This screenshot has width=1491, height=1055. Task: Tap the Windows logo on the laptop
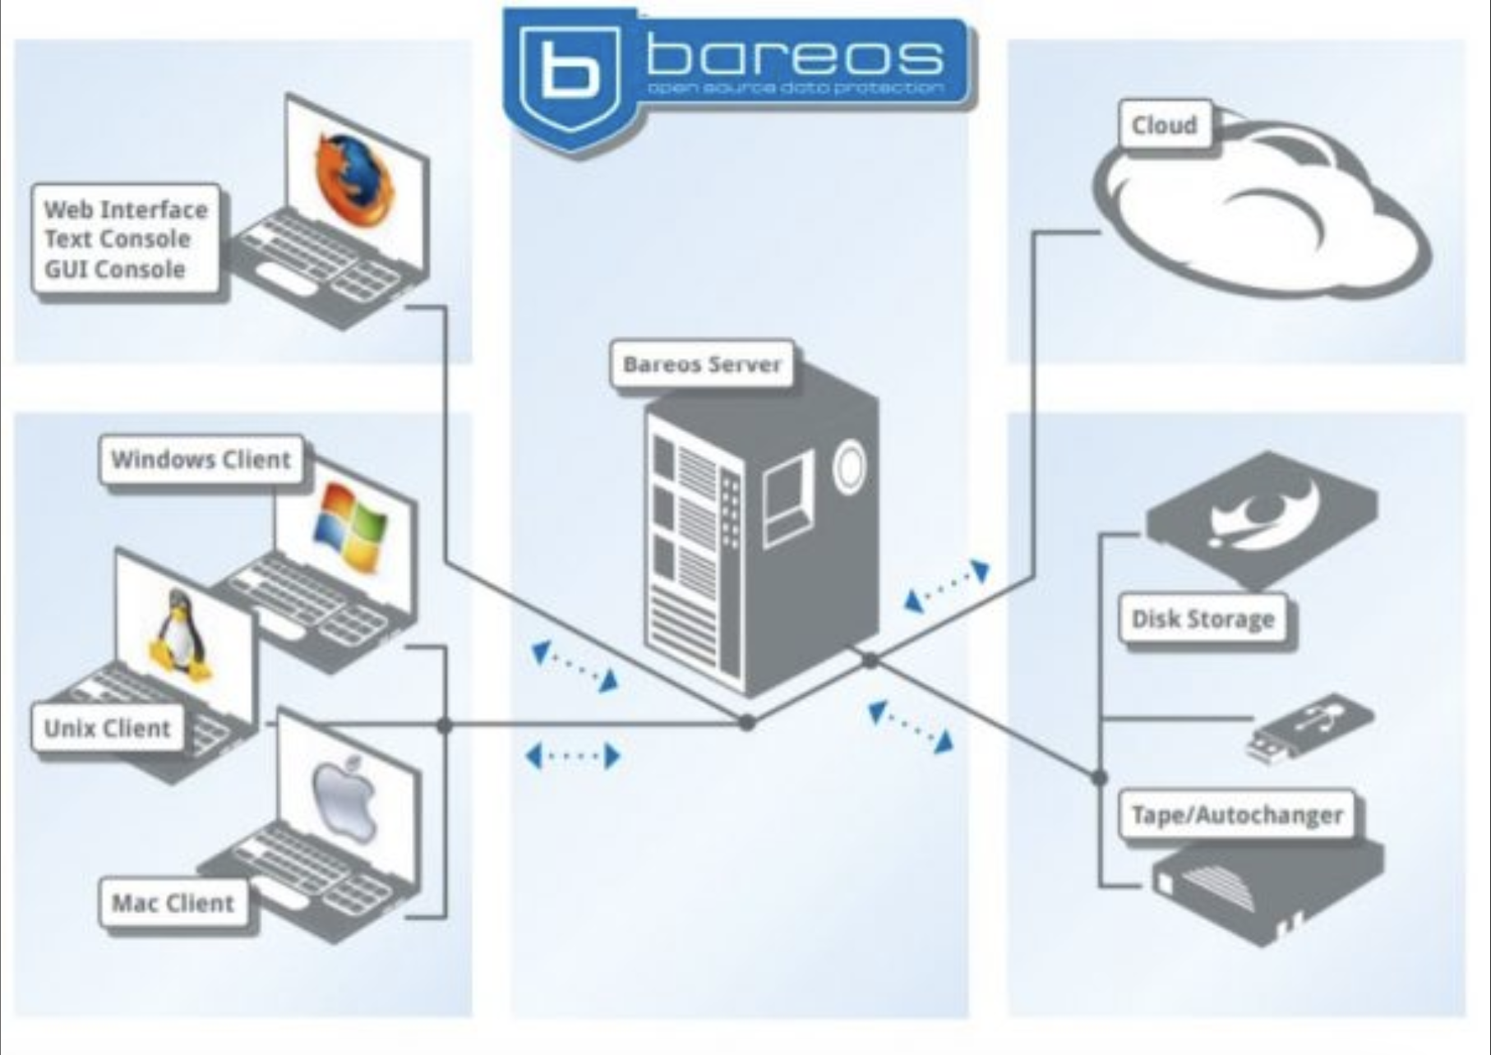click(x=349, y=526)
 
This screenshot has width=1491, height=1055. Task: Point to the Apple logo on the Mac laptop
click(x=345, y=799)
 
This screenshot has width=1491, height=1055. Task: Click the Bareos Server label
click(x=702, y=364)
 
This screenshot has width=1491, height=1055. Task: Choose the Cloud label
click(x=1164, y=126)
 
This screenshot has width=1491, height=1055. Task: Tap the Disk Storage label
click(x=1202, y=620)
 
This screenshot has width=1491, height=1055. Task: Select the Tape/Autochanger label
click(x=1237, y=815)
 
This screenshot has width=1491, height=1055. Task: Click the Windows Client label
click(x=201, y=459)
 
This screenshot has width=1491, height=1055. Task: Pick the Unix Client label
click(x=107, y=728)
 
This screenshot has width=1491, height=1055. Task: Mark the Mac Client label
click(x=173, y=903)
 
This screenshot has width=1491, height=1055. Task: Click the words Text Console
click(x=118, y=239)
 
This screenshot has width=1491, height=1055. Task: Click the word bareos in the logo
click(x=794, y=57)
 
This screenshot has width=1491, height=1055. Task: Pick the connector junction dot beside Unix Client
click(x=445, y=726)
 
